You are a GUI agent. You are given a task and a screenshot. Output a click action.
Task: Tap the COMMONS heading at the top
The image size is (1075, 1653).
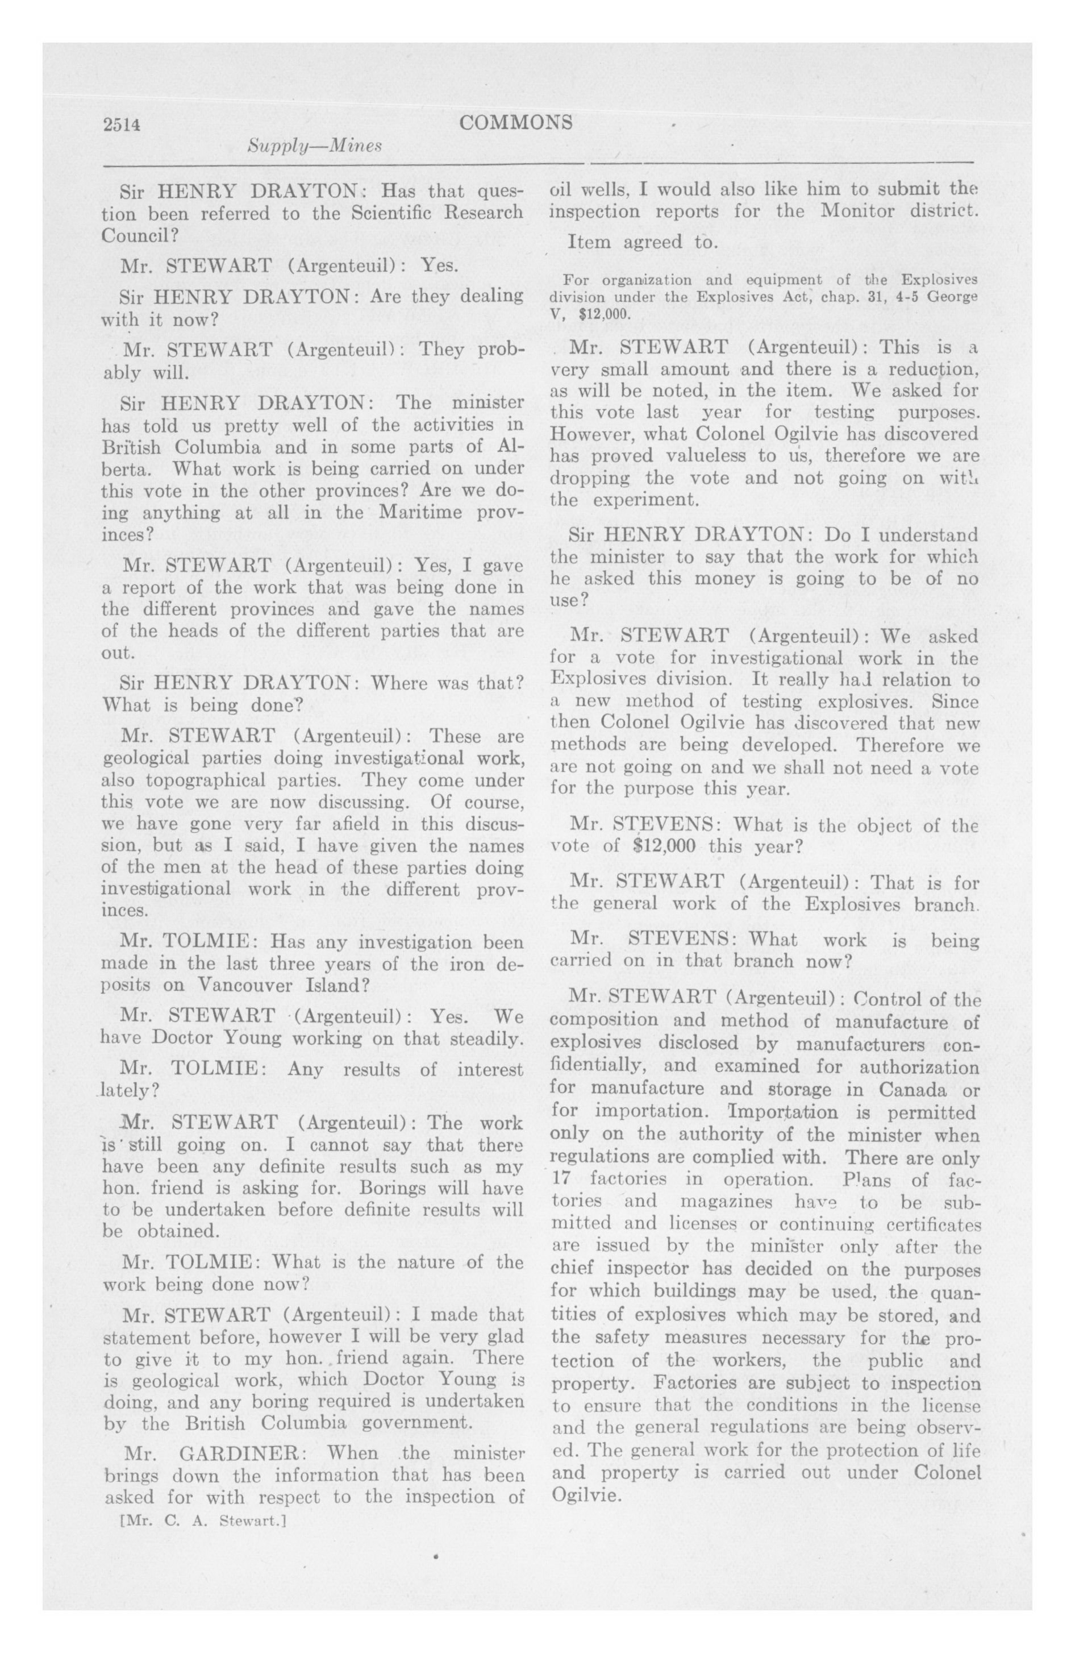[x=516, y=122]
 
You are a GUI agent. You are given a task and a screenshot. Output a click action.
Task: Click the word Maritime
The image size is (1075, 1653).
[x=422, y=513]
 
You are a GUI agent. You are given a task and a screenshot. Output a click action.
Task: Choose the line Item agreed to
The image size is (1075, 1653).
[x=641, y=242]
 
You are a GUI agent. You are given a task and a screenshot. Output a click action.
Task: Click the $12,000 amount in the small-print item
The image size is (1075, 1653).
[x=610, y=313]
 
